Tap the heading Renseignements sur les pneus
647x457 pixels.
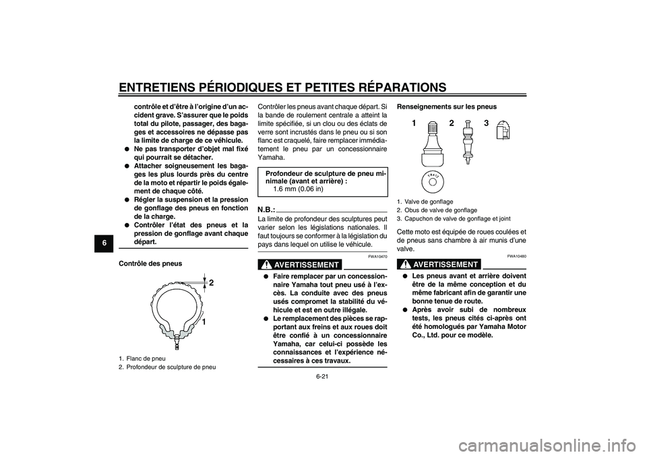pyautogui.click(x=447, y=106)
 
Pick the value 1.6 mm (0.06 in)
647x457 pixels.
pyautogui.click(x=298, y=189)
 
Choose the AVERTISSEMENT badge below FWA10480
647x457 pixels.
pyautogui.click(x=439, y=264)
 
